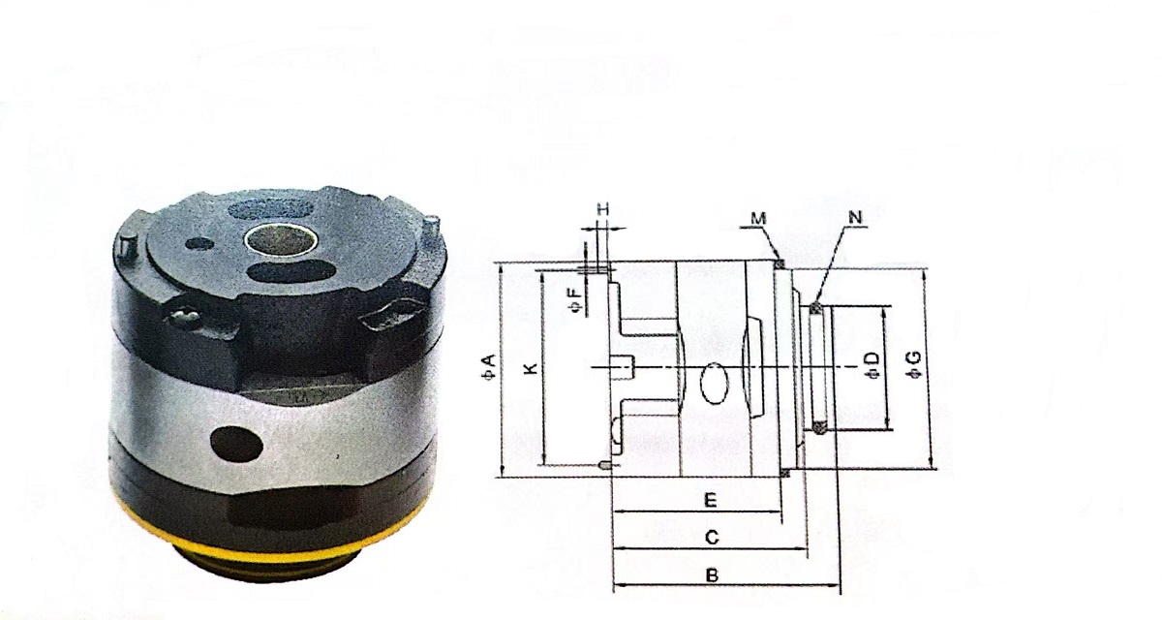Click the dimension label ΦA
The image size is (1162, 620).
[x=489, y=367]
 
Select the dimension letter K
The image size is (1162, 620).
[x=529, y=369]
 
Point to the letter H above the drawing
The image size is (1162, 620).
[x=602, y=208]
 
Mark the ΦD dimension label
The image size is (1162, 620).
[x=872, y=366]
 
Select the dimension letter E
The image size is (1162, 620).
[x=710, y=501]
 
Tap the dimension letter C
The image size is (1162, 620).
[x=710, y=537]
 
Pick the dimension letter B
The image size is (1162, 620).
[x=712, y=574]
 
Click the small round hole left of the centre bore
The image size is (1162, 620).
[x=199, y=242]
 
